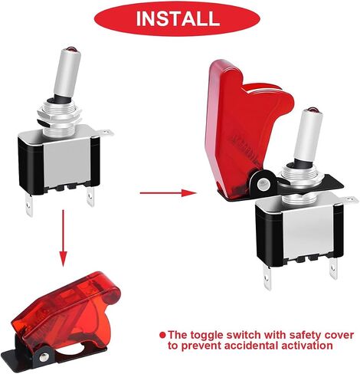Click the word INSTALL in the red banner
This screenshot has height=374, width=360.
(178, 18)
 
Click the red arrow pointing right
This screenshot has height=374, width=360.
(168, 192)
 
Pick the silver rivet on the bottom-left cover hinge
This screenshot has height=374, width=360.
(44, 356)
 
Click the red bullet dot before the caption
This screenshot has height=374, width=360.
(162, 334)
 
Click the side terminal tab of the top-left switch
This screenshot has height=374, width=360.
(106, 133)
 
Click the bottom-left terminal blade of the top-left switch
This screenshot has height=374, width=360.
(30, 205)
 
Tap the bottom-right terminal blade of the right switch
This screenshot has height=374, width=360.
(333, 269)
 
